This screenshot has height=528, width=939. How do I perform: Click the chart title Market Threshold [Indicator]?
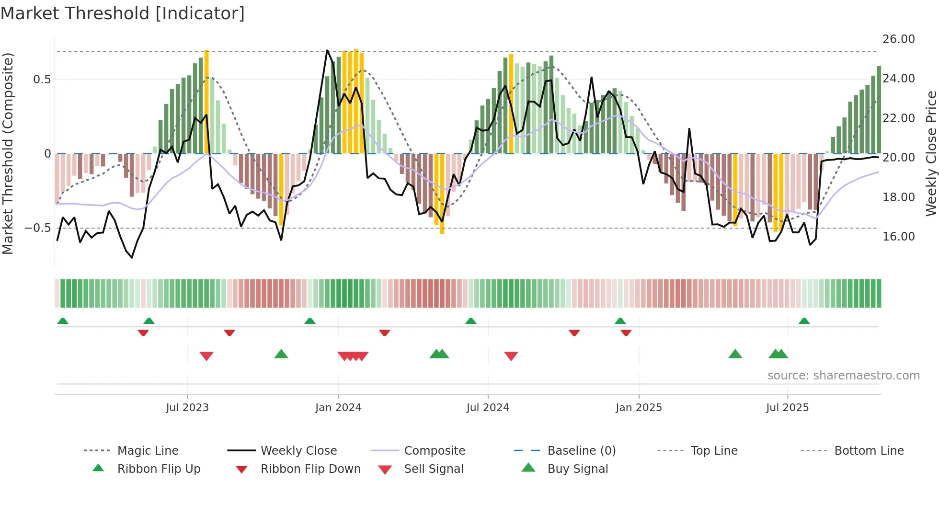123,13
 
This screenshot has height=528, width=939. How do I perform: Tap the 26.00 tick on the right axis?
898,39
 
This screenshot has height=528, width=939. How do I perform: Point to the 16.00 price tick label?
898,236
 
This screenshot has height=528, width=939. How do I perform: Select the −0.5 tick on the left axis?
38,228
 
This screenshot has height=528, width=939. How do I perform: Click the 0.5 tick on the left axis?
42,80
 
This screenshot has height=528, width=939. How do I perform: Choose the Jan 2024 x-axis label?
338,408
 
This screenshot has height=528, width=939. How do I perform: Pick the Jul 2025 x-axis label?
787,408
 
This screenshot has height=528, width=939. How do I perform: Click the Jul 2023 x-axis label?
187,408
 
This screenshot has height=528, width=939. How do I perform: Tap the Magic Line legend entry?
148,451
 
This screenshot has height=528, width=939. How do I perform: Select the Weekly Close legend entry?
298,451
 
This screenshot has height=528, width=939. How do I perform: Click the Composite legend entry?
434,451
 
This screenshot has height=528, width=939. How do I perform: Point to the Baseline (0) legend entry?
581,451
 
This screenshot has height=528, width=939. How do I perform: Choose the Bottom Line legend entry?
869,451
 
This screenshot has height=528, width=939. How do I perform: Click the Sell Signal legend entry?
433,469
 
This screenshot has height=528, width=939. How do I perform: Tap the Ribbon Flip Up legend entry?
159,469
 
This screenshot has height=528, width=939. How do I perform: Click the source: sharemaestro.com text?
843,376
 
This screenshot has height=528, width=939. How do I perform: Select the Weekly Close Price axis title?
931,153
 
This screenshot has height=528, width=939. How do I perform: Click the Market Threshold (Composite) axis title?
8,153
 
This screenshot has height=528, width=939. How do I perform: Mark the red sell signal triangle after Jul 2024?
511,356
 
